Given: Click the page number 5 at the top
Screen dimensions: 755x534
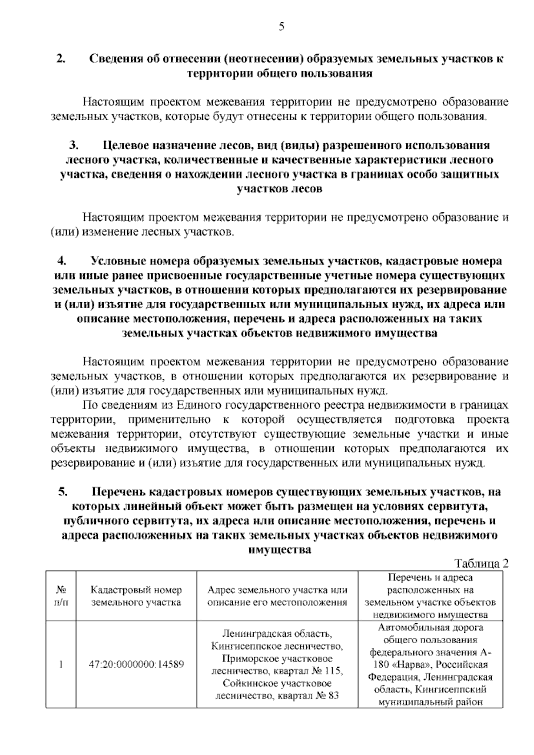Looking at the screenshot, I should tap(281, 27).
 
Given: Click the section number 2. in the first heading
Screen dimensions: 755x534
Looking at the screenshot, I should tap(61, 59).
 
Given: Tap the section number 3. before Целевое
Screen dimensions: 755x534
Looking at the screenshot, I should tap(74, 146).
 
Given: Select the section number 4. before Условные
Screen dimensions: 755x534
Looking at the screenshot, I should tap(62, 261).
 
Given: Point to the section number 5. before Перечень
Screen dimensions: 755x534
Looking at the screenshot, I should tap(63, 492).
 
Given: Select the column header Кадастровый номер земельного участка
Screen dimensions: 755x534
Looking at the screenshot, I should tap(136, 597).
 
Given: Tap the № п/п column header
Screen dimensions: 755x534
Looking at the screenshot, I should tap(61, 597).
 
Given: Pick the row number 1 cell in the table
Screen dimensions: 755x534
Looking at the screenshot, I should tap(61, 665).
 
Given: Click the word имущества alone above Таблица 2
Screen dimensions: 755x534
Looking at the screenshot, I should tap(279, 550).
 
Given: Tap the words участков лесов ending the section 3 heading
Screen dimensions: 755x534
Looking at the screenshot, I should tap(279, 189).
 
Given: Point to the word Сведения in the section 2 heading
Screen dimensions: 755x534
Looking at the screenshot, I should tap(115, 59).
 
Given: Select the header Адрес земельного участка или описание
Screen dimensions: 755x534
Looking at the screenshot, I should tap(277, 597).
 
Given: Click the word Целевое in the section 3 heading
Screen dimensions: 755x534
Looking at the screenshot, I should tap(125, 146).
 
